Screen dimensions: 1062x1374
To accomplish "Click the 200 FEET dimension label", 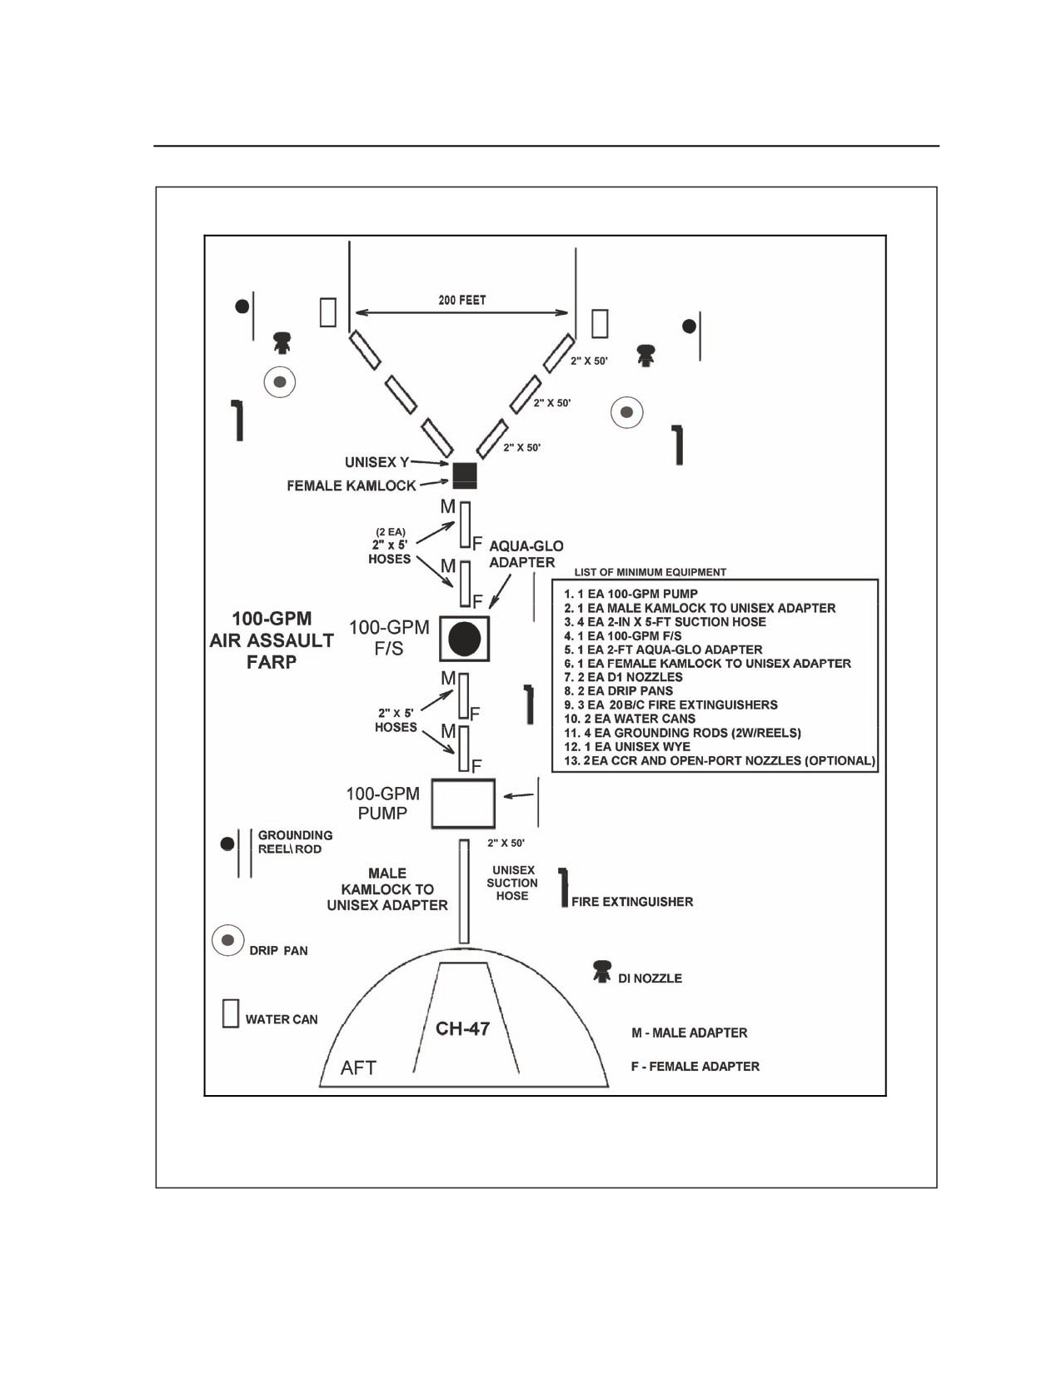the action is coord(461,300).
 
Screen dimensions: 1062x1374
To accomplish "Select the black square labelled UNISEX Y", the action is coord(465,475).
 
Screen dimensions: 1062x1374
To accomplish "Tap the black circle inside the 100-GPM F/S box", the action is coord(465,639).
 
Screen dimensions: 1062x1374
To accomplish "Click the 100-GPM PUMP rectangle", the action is coord(463,804).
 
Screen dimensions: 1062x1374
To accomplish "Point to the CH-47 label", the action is coord(462,1028).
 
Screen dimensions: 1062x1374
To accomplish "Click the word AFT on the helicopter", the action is coord(358,1068).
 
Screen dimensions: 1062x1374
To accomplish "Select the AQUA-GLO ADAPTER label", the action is coord(526,554).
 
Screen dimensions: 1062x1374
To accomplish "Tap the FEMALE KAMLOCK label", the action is coord(351,485).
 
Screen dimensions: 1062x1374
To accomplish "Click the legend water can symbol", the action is coord(230,1013).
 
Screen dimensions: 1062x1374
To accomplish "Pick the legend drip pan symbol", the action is coord(227,940).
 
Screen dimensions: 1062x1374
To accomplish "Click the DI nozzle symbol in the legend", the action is coord(601,971).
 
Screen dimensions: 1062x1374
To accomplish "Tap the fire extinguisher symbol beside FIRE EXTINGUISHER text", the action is coord(563,888).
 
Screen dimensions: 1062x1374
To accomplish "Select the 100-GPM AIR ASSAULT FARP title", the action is coord(272,640).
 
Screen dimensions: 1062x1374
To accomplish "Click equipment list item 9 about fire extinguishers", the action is coord(671,704).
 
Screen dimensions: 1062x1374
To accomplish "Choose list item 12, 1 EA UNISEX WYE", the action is coord(627,746).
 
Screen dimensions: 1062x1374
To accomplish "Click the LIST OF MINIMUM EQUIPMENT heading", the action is coord(651,572).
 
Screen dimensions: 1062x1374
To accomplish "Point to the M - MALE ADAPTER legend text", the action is coord(689,1033).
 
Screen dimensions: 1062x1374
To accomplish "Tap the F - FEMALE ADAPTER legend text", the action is coord(695,1066).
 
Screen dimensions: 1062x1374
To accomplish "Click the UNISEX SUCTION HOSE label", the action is coord(512,883).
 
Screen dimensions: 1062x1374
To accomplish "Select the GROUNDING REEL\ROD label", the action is coord(295,842).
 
